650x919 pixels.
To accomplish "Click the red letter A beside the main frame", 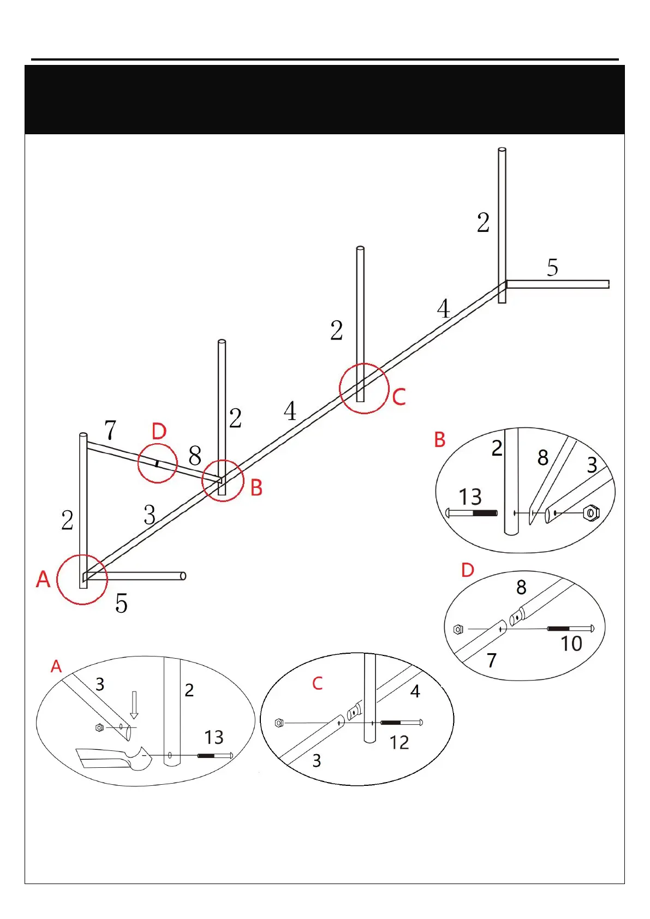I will (x=43, y=579).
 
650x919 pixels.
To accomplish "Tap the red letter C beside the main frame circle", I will (x=399, y=397).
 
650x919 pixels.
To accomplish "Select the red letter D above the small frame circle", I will (x=159, y=432).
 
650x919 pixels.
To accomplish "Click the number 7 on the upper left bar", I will (x=110, y=430).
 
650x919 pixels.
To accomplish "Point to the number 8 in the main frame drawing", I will (x=195, y=455).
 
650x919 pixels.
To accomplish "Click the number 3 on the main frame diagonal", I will (x=150, y=515).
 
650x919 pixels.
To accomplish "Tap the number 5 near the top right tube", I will (x=552, y=267).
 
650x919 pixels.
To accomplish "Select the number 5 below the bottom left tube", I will (x=121, y=604).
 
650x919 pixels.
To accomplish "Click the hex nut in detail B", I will (x=591, y=513).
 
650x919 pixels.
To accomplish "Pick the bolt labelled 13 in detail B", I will (x=472, y=513).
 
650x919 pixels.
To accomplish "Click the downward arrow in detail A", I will (x=134, y=705).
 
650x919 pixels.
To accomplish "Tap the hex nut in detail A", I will (x=99, y=727).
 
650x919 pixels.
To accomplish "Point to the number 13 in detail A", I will (x=214, y=737).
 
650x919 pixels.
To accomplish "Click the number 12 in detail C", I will (x=399, y=742).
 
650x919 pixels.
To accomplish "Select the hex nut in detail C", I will (x=279, y=723).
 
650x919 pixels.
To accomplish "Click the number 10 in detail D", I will (x=571, y=644).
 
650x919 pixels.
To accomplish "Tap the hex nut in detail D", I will (x=458, y=629).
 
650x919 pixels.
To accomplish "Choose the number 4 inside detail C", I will (x=415, y=691).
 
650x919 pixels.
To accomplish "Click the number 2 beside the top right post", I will (x=483, y=223).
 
